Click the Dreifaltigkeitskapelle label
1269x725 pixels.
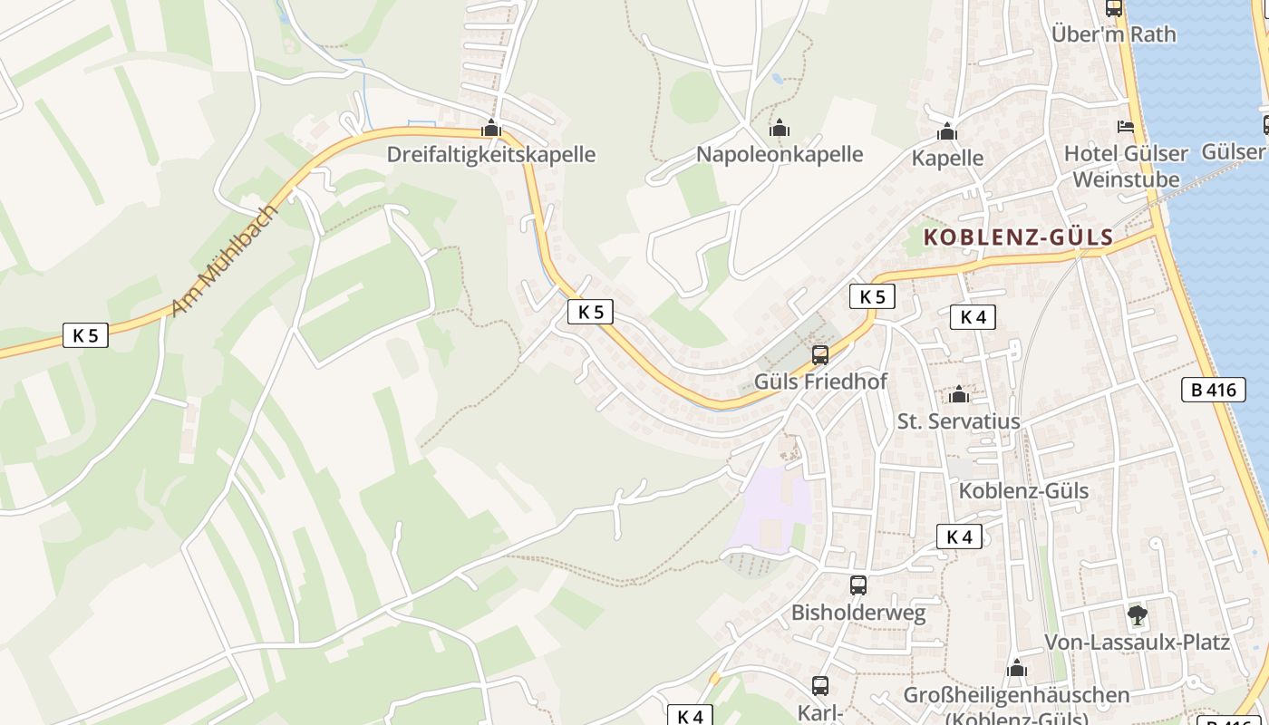(x=490, y=154)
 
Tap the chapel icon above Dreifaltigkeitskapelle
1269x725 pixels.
(x=491, y=129)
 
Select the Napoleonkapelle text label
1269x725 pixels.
(x=779, y=154)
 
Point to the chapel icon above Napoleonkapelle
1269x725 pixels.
(x=779, y=129)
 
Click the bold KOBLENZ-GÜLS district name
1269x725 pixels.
(x=1018, y=238)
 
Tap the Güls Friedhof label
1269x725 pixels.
(x=820, y=382)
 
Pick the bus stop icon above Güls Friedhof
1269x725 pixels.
(x=820, y=355)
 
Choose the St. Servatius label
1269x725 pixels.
(x=958, y=421)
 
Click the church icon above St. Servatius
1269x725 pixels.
(x=959, y=395)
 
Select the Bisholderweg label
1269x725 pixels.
(x=858, y=613)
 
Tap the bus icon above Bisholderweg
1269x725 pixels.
(x=858, y=585)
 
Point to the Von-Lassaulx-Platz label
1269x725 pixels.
(x=1137, y=643)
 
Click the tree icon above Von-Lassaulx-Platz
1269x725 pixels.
(x=1137, y=616)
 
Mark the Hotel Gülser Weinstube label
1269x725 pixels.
(x=1125, y=166)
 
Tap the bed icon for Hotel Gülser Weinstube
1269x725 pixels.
(x=1126, y=127)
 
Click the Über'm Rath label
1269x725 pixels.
(x=1113, y=34)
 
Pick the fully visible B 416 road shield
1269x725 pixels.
(x=1214, y=391)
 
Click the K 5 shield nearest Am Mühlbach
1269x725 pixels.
(x=85, y=335)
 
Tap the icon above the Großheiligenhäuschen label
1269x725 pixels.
(x=1017, y=669)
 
